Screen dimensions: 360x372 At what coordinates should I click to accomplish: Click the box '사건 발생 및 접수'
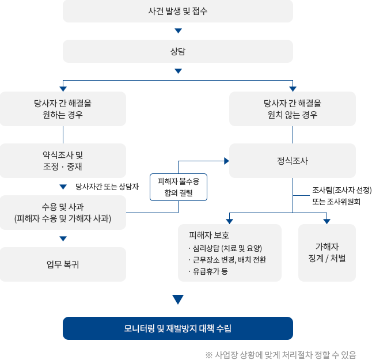pos(177,11)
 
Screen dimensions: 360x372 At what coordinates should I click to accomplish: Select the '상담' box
pos(177,51)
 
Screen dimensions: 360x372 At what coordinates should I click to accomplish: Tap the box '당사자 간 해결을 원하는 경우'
pos(63,109)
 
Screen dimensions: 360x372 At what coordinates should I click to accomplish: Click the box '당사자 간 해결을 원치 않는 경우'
pos(293,109)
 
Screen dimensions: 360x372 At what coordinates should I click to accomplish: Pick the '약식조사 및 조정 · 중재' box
pos(63,161)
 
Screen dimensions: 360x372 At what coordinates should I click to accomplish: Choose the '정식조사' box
pos(293,161)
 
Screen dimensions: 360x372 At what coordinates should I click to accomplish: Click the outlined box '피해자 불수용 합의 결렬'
pos(178,187)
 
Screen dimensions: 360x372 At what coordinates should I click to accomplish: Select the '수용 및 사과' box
pos(63,213)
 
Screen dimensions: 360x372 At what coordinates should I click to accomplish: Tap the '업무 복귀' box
pos(63,264)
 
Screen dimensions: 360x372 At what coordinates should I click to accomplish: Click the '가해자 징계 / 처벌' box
pos(327,253)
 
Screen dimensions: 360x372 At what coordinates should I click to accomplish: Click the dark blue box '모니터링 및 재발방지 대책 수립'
pos(177,328)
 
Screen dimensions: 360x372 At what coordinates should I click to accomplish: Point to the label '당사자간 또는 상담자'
pos(107,187)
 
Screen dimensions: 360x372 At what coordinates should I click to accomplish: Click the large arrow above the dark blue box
pos(177,300)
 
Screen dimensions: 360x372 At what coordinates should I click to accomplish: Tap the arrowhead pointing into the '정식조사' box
pos(226,161)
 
